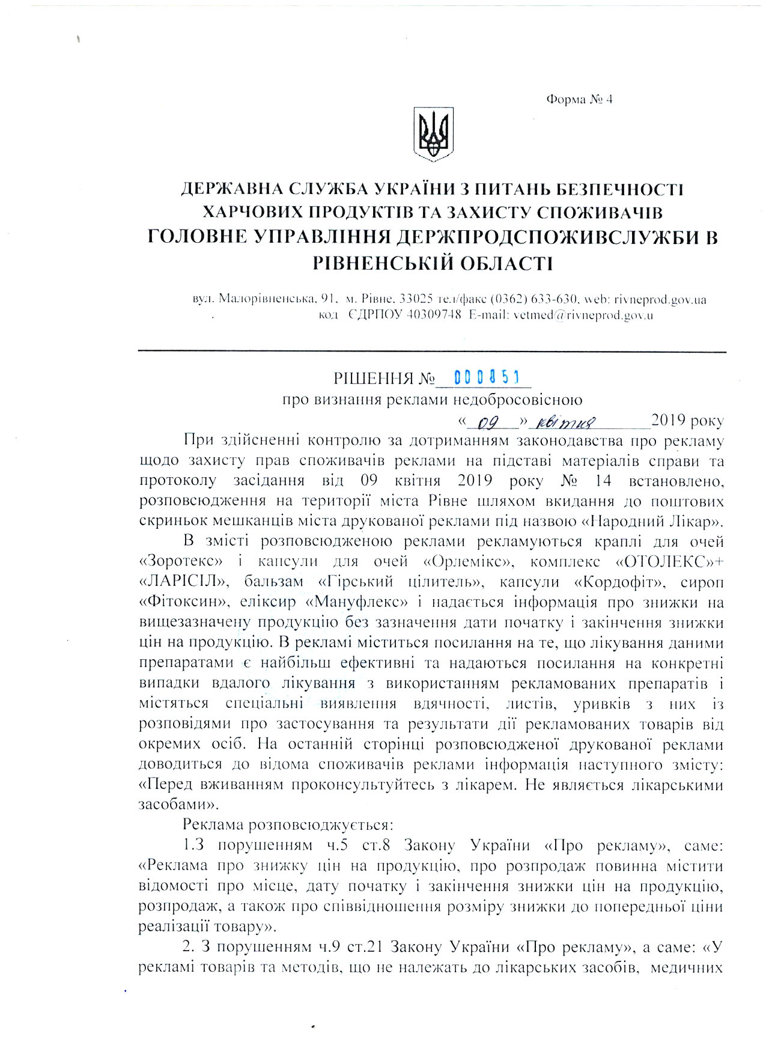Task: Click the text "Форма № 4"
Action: (579, 100)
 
